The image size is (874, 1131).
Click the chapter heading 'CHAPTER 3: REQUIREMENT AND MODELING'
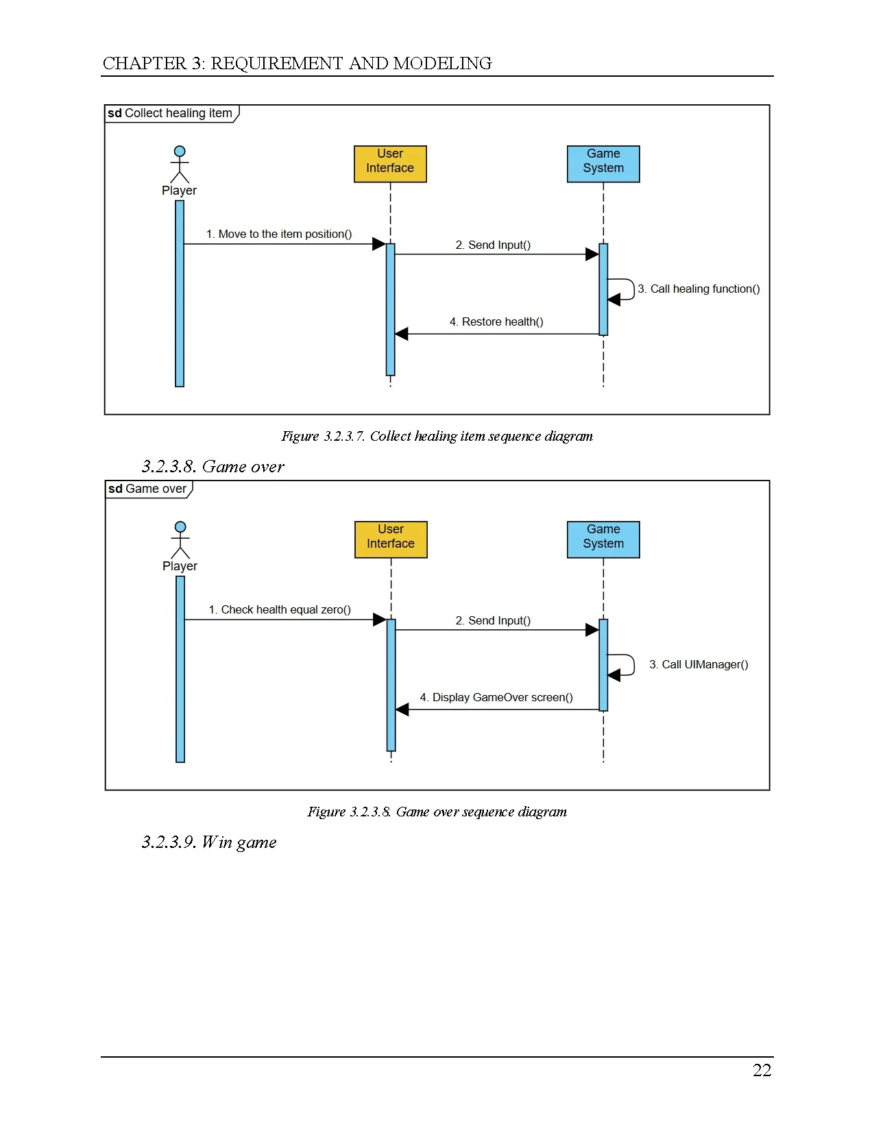click(x=297, y=63)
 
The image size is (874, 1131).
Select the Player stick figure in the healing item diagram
click(x=180, y=165)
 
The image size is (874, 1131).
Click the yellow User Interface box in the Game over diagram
click(x=391, y=539)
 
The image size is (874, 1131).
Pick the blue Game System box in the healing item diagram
click(x=603, y=164)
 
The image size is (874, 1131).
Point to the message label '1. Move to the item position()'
click(x=279, y=234)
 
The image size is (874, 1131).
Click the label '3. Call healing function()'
click(x=699, y=289)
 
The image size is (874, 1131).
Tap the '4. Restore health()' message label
click(x=496, y=321)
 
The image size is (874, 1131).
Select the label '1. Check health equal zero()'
click(x=280, y=609)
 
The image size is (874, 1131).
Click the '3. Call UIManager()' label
click(x=699, y=664)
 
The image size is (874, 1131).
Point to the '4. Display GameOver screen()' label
click(x=496, y=697)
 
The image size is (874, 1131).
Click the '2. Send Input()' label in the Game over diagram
click(x=493, y=620)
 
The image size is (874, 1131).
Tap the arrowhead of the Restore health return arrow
click(x=401, y=334)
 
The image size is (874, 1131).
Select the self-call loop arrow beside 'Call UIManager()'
click(x=634, y=665)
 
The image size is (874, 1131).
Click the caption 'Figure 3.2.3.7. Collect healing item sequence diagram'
click(x=437, y=436)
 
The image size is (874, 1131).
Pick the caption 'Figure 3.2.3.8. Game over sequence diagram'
click(x=437, y=812)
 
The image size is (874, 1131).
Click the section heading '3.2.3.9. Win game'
click(x=209, y=842)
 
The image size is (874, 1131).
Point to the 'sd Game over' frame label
click(x=147, y=489)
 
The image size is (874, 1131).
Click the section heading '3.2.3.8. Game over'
click(x=213, y=466)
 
